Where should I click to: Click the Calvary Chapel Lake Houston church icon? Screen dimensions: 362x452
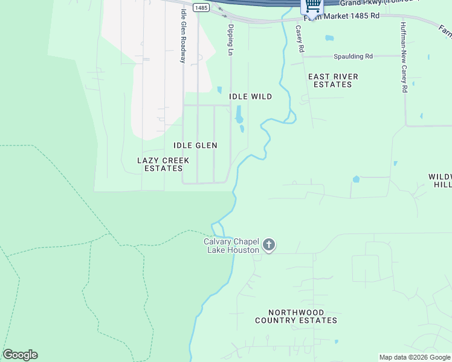pos(270,245)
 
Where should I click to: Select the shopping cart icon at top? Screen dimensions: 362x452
pos(312,6)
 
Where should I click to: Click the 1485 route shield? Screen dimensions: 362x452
pos(202,7)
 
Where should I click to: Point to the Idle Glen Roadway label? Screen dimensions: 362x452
pos(182,44)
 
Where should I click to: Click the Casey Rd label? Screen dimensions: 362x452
pos(299,38)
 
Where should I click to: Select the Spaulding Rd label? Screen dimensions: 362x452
pos(353,56)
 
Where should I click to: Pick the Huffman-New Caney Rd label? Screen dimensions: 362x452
pos(404,57)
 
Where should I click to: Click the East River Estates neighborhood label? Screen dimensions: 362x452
pos(333,80)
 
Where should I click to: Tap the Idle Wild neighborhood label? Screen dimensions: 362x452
pos(250,97)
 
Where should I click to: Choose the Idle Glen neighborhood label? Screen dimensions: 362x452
pos(195,145)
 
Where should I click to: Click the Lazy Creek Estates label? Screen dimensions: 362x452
pos(163,164)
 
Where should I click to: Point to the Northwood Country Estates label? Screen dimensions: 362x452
pos(295,316)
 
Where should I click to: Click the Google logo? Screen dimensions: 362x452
pos(20,355)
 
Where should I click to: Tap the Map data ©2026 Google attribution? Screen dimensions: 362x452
pos(414,357)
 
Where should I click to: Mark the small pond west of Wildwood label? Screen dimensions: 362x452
pos(356,179)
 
